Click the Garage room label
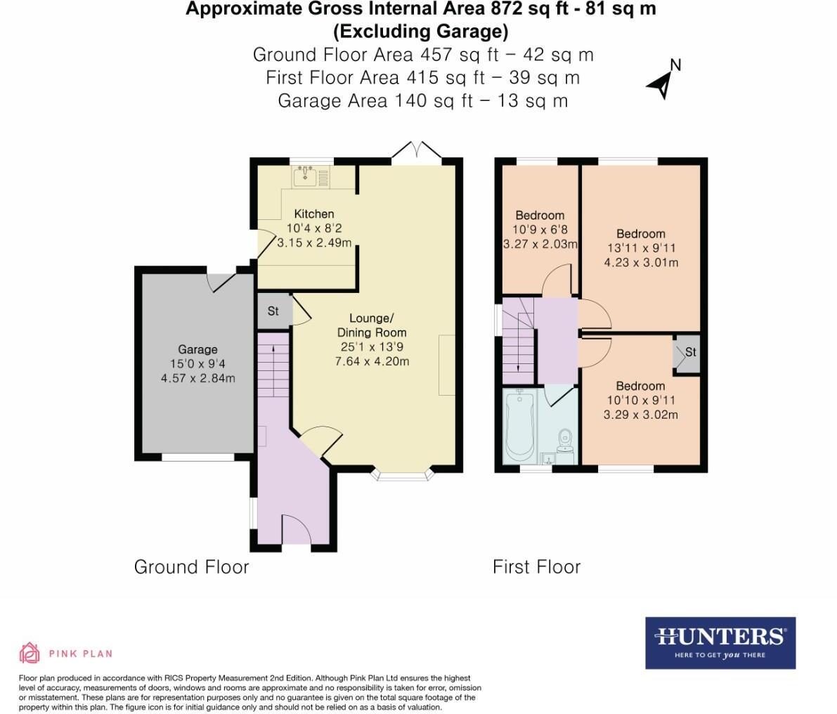pyautogui.click(x=197, y=349)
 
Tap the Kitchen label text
pyautogui.click(x=314, y=214)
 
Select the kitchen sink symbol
pyautogui.click(x=305, y=176)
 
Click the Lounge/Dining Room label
pyautogui.click(x=372, y=325)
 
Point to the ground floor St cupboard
pyautogui.click(x=274, y=310)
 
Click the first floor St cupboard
pyautogui.click(x=687, y=353)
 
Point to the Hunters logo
pyautogui.click(x=720, y=643)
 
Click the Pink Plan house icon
pyautogui.click(x=30, y=653)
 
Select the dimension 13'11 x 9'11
pyautogui.click(x=641, y=248)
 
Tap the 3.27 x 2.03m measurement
pyautogui.click(x=540, y=245)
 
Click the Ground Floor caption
pyautogui.click(x=192, y=566)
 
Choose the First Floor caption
pyautogui.click(x=536, y=566)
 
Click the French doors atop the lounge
pyautogui.click(x=417, y=150)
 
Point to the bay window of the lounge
pyautogui.click(x=403, y=474)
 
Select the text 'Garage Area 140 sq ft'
pyautogui.click(x=375, y=101)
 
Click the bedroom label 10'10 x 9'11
pyautogui.click(x=641, y=401)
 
